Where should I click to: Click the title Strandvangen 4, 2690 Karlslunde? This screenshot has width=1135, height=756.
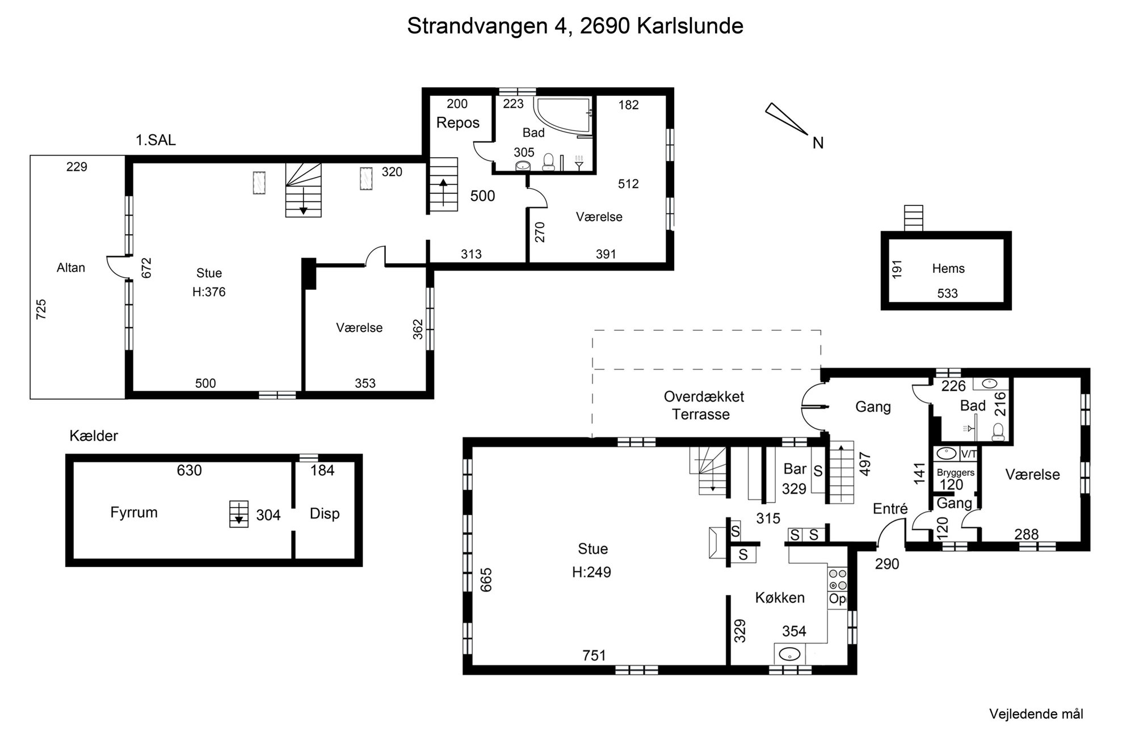click(575, 26)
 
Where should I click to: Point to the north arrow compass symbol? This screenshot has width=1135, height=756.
click(786, 119)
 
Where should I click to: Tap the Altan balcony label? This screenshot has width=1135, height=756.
click(71, 268)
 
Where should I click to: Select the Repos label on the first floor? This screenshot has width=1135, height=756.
click(458, 123)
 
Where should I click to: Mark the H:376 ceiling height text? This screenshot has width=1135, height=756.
click(209, 292)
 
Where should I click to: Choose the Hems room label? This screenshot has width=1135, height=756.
click(948, 268)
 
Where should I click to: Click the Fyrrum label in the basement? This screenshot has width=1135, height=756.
click(134, 513)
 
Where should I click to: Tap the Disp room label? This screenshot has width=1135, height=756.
click(325, 514)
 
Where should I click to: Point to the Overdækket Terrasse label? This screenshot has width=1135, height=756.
click(703, 406)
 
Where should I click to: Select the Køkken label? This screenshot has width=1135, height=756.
click(780, 598)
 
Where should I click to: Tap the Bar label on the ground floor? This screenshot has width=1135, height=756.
click(794, 469)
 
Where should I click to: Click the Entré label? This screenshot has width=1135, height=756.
click(890, 509)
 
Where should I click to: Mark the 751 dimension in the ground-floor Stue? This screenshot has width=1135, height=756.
click(594, 656)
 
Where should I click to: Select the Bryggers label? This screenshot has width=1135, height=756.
click(956, 472)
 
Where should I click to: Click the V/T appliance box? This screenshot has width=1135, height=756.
click(968, 454)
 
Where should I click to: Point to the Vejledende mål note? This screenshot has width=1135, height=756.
click(1036, 715)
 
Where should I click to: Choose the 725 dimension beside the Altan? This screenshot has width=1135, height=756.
click(41, 310)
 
